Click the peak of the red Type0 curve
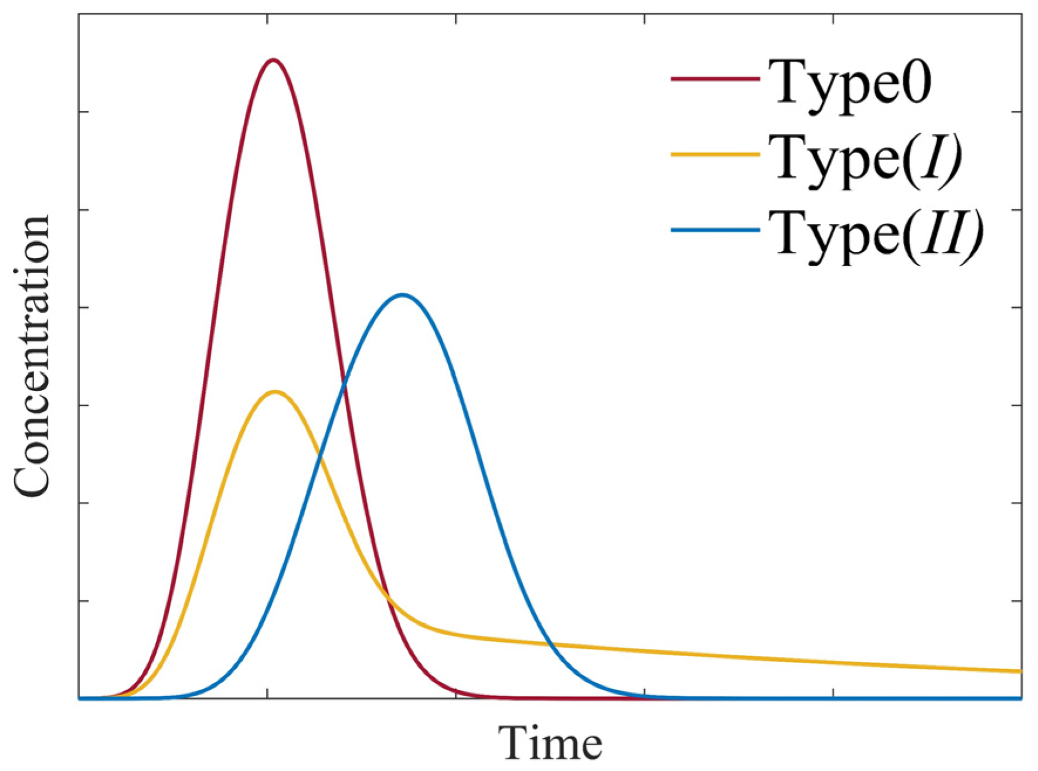coord(273,60)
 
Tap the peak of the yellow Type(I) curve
coord(274,392)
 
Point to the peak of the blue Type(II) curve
coord(402,295)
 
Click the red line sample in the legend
coord(715,79)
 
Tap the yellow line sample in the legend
coord(715,154)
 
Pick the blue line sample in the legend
coord(715,230)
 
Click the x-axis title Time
coord(550,743)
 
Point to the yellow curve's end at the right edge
coord(1020,671)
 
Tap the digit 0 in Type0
coord(915,83)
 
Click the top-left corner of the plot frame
coord(79,14)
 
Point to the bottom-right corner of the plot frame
coord(1022,698)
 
